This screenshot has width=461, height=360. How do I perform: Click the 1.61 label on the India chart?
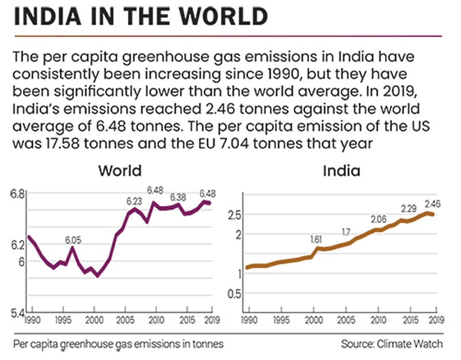(316, 239)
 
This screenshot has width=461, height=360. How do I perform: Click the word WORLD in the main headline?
(216, 18)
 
